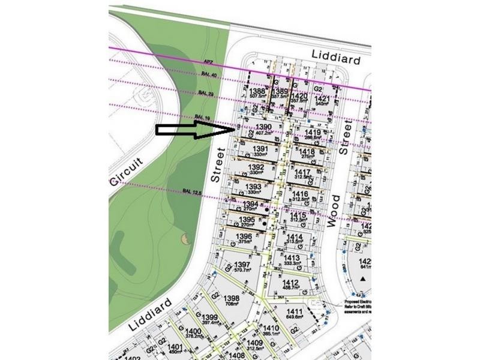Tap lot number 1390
pos(264,127)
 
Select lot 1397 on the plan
pos(242,265)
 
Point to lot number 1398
pos(231,299)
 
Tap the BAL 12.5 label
pos(190,191)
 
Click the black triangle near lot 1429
pos(362,280)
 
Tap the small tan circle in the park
pos(184,239)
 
